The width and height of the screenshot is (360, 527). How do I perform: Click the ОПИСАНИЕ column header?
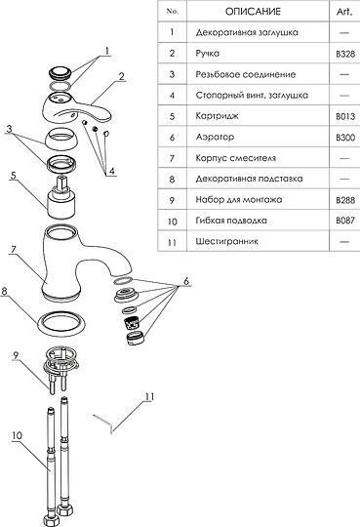[x=253, y=12]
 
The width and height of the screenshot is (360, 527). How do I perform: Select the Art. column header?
[x=344, y=12]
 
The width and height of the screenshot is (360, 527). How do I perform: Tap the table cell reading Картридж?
[x=217, y=116]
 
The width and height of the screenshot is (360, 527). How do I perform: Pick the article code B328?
[x=345, y=54]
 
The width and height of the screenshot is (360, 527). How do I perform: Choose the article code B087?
[x=345, y=221]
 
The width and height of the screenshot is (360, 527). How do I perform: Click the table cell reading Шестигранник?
[x=227, y=241]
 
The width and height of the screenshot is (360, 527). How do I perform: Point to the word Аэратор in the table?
[x=215, y=138]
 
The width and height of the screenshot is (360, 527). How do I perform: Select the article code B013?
[x=345, y=117]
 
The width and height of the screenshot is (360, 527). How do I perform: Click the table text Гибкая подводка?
[x=231, y=221]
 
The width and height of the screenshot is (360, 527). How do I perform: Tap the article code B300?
[x=345, y=138]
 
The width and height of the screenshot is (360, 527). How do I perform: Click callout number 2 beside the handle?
[x=122, y=76]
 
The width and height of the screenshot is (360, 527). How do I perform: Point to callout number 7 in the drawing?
[x=14, y=250]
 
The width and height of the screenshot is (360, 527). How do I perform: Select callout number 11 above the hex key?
[x=149, y=397]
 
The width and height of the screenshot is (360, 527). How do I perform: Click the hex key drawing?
[x=102, y=423]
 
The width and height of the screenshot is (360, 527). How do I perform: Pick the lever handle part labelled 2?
[x=77, y=108]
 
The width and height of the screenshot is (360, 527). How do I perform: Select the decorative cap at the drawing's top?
[x=60, y=73]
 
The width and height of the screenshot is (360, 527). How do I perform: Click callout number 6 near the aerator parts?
[x=186, y=281]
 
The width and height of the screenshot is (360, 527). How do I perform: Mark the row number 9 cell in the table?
[x=172, y=200]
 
